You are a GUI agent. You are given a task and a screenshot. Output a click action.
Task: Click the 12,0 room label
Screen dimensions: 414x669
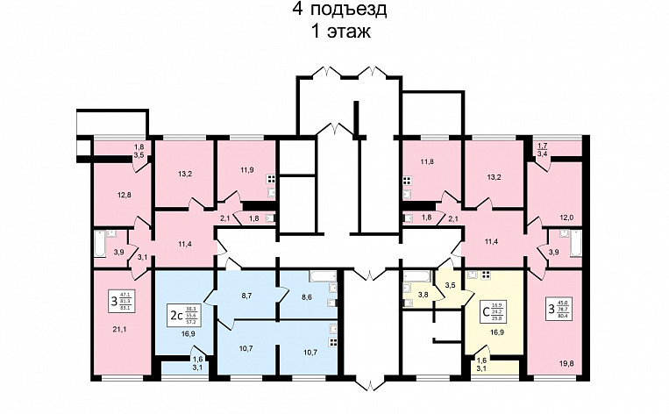[x=566, y=218]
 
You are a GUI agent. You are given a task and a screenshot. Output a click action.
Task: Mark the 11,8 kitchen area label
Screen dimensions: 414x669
[x=428, y=161]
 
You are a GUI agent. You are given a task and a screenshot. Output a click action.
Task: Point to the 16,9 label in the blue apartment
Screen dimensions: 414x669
[x=188, y=333]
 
